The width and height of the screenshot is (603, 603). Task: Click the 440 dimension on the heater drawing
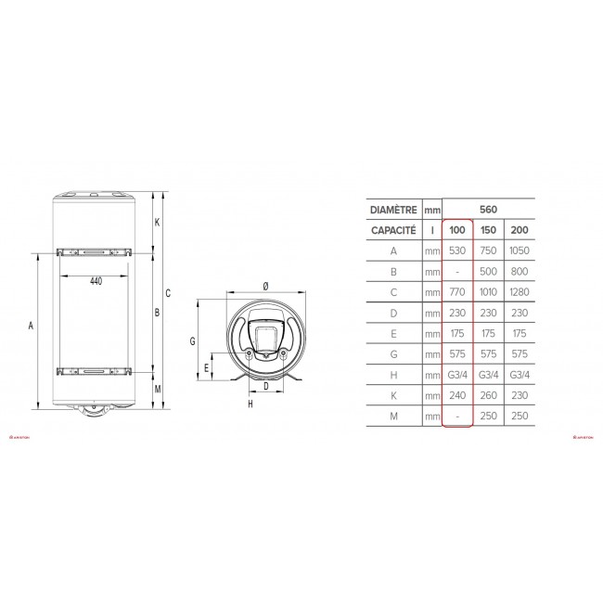pos(96,281)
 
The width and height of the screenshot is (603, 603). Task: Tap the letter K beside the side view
pos(158,222)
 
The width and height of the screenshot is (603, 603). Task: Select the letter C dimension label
pos(168,294)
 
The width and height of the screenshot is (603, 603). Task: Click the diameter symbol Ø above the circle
pos(265,285)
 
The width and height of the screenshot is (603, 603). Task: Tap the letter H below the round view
pos(250,404)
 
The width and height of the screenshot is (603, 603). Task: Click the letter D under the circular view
pos(266,385)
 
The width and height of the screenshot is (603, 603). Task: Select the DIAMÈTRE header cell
pos(393,210)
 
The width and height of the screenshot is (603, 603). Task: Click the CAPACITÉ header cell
pos(393,229)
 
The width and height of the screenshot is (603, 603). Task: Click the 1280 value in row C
pos(520,292)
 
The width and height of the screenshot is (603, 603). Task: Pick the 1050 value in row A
pos(520,250)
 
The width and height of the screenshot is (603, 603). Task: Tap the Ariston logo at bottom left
pos(20,432)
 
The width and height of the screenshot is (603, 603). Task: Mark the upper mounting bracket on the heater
pos(96,251)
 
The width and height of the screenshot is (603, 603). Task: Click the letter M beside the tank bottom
pos(158,389)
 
